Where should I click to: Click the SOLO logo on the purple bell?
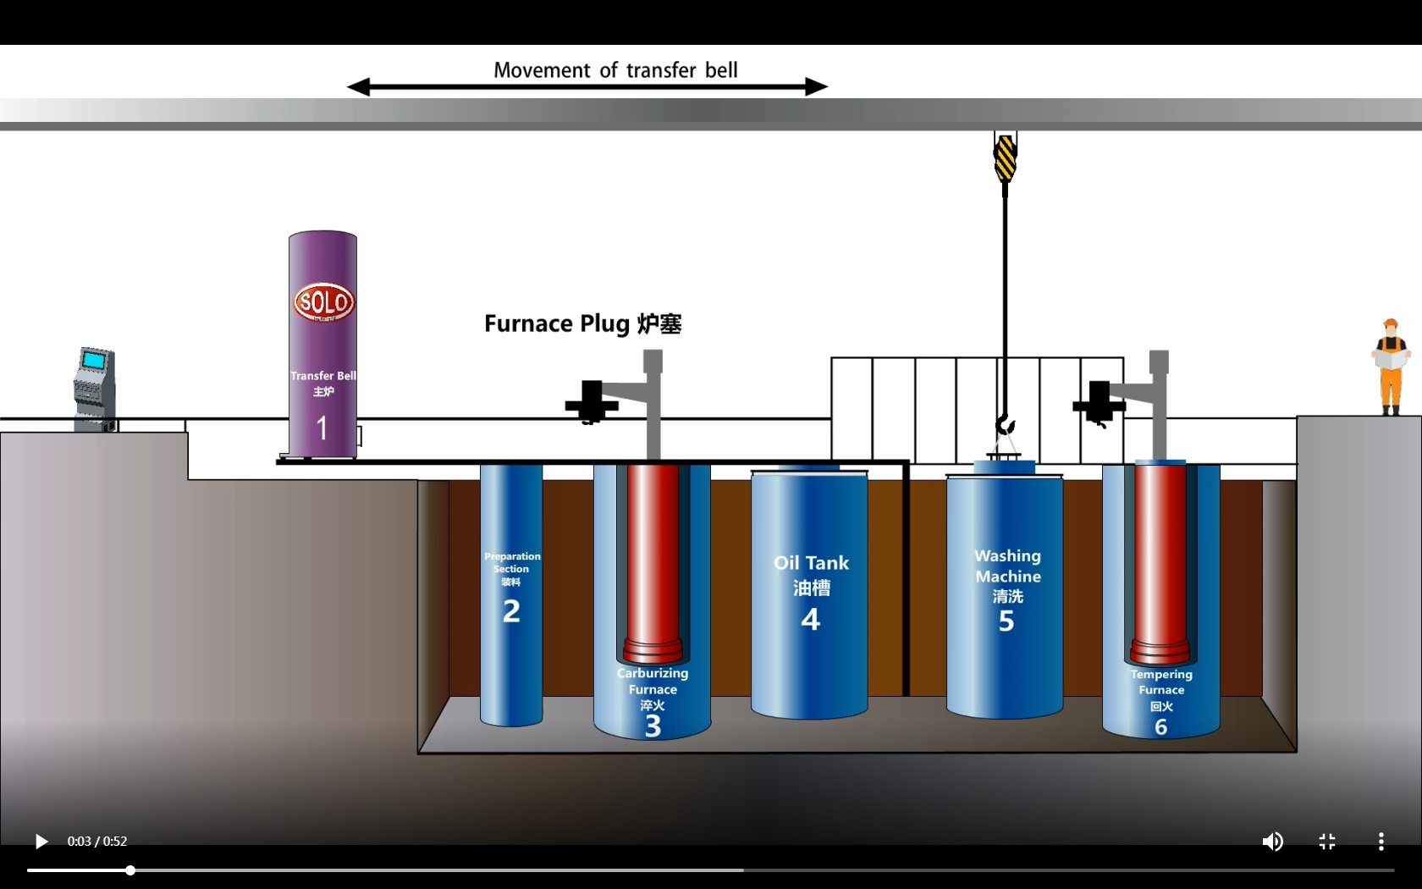point(323,302)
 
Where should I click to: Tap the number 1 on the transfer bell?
point(322,428)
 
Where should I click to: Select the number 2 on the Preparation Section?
point(511,611)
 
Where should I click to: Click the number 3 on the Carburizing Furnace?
point(653,726)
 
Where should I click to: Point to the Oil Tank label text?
point(811,563)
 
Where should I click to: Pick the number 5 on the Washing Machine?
point(1006,621)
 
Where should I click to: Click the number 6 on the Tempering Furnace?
point(1161,727)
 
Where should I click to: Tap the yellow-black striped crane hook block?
point(1005,158)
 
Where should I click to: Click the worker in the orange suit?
point(1390,367)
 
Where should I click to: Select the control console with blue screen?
point(95,389)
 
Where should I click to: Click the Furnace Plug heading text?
point(582,323)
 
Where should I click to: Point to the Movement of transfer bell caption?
point(615,70)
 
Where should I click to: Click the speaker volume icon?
point(1272,842)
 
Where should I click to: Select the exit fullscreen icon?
point(1327,842)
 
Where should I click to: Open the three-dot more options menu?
point(1381,842)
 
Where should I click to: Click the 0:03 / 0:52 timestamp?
point(97,842)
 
